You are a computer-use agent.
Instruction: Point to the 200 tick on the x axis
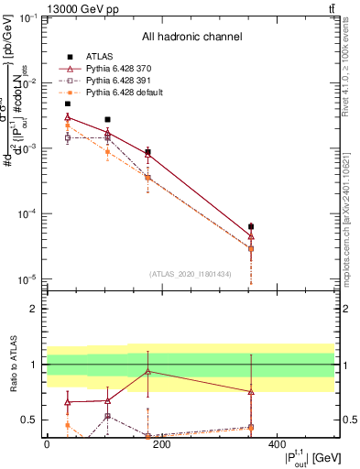point(162,444)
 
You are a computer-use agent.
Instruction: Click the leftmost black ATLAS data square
point(68,104)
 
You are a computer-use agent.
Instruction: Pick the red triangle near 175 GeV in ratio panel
point(148,372)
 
